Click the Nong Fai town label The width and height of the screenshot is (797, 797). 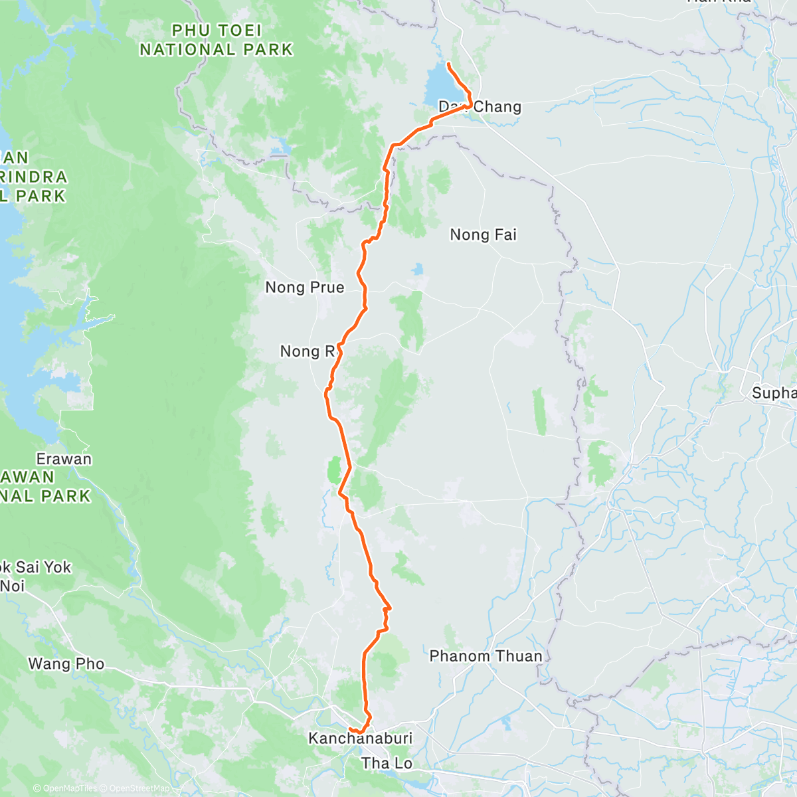coord(483,234)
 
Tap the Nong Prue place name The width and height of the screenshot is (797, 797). coord(304,288)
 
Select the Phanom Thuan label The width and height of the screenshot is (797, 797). coord(486,656)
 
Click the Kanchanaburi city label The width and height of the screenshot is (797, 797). coord(360,738)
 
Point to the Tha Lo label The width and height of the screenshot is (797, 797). coord(387,763)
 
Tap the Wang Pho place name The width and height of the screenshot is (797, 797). coord(66,664)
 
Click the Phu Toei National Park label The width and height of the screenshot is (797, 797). coord(216,40)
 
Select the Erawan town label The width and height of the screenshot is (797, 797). coord(64,459)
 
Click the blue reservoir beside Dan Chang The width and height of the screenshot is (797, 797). coord(439,82)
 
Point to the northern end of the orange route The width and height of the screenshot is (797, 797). coord(449,64)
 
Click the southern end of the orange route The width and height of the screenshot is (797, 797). coord(350,730)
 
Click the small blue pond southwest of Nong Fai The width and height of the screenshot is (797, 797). coord(417,269)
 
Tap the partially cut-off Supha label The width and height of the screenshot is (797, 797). coord(774,393)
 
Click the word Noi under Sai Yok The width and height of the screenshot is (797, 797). coord(12,586)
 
